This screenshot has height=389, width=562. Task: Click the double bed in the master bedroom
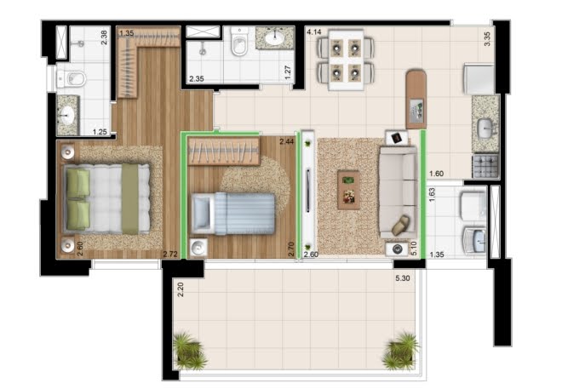click(107, 199)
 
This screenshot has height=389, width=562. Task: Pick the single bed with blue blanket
click(234, 212)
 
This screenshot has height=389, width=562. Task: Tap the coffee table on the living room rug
click(348, 189)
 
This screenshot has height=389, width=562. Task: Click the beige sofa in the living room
click(397, 192)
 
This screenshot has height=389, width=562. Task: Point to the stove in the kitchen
click(485, 165)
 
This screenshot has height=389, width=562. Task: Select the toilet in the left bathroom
click(72, 80)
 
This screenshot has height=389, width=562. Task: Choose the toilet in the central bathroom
click(238, 43)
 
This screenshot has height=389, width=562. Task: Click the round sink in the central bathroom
click(275, 39)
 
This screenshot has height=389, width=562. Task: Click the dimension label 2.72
click(170, 254)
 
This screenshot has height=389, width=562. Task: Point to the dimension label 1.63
click(432, 197)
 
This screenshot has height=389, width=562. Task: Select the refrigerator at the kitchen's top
click(477, 79)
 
